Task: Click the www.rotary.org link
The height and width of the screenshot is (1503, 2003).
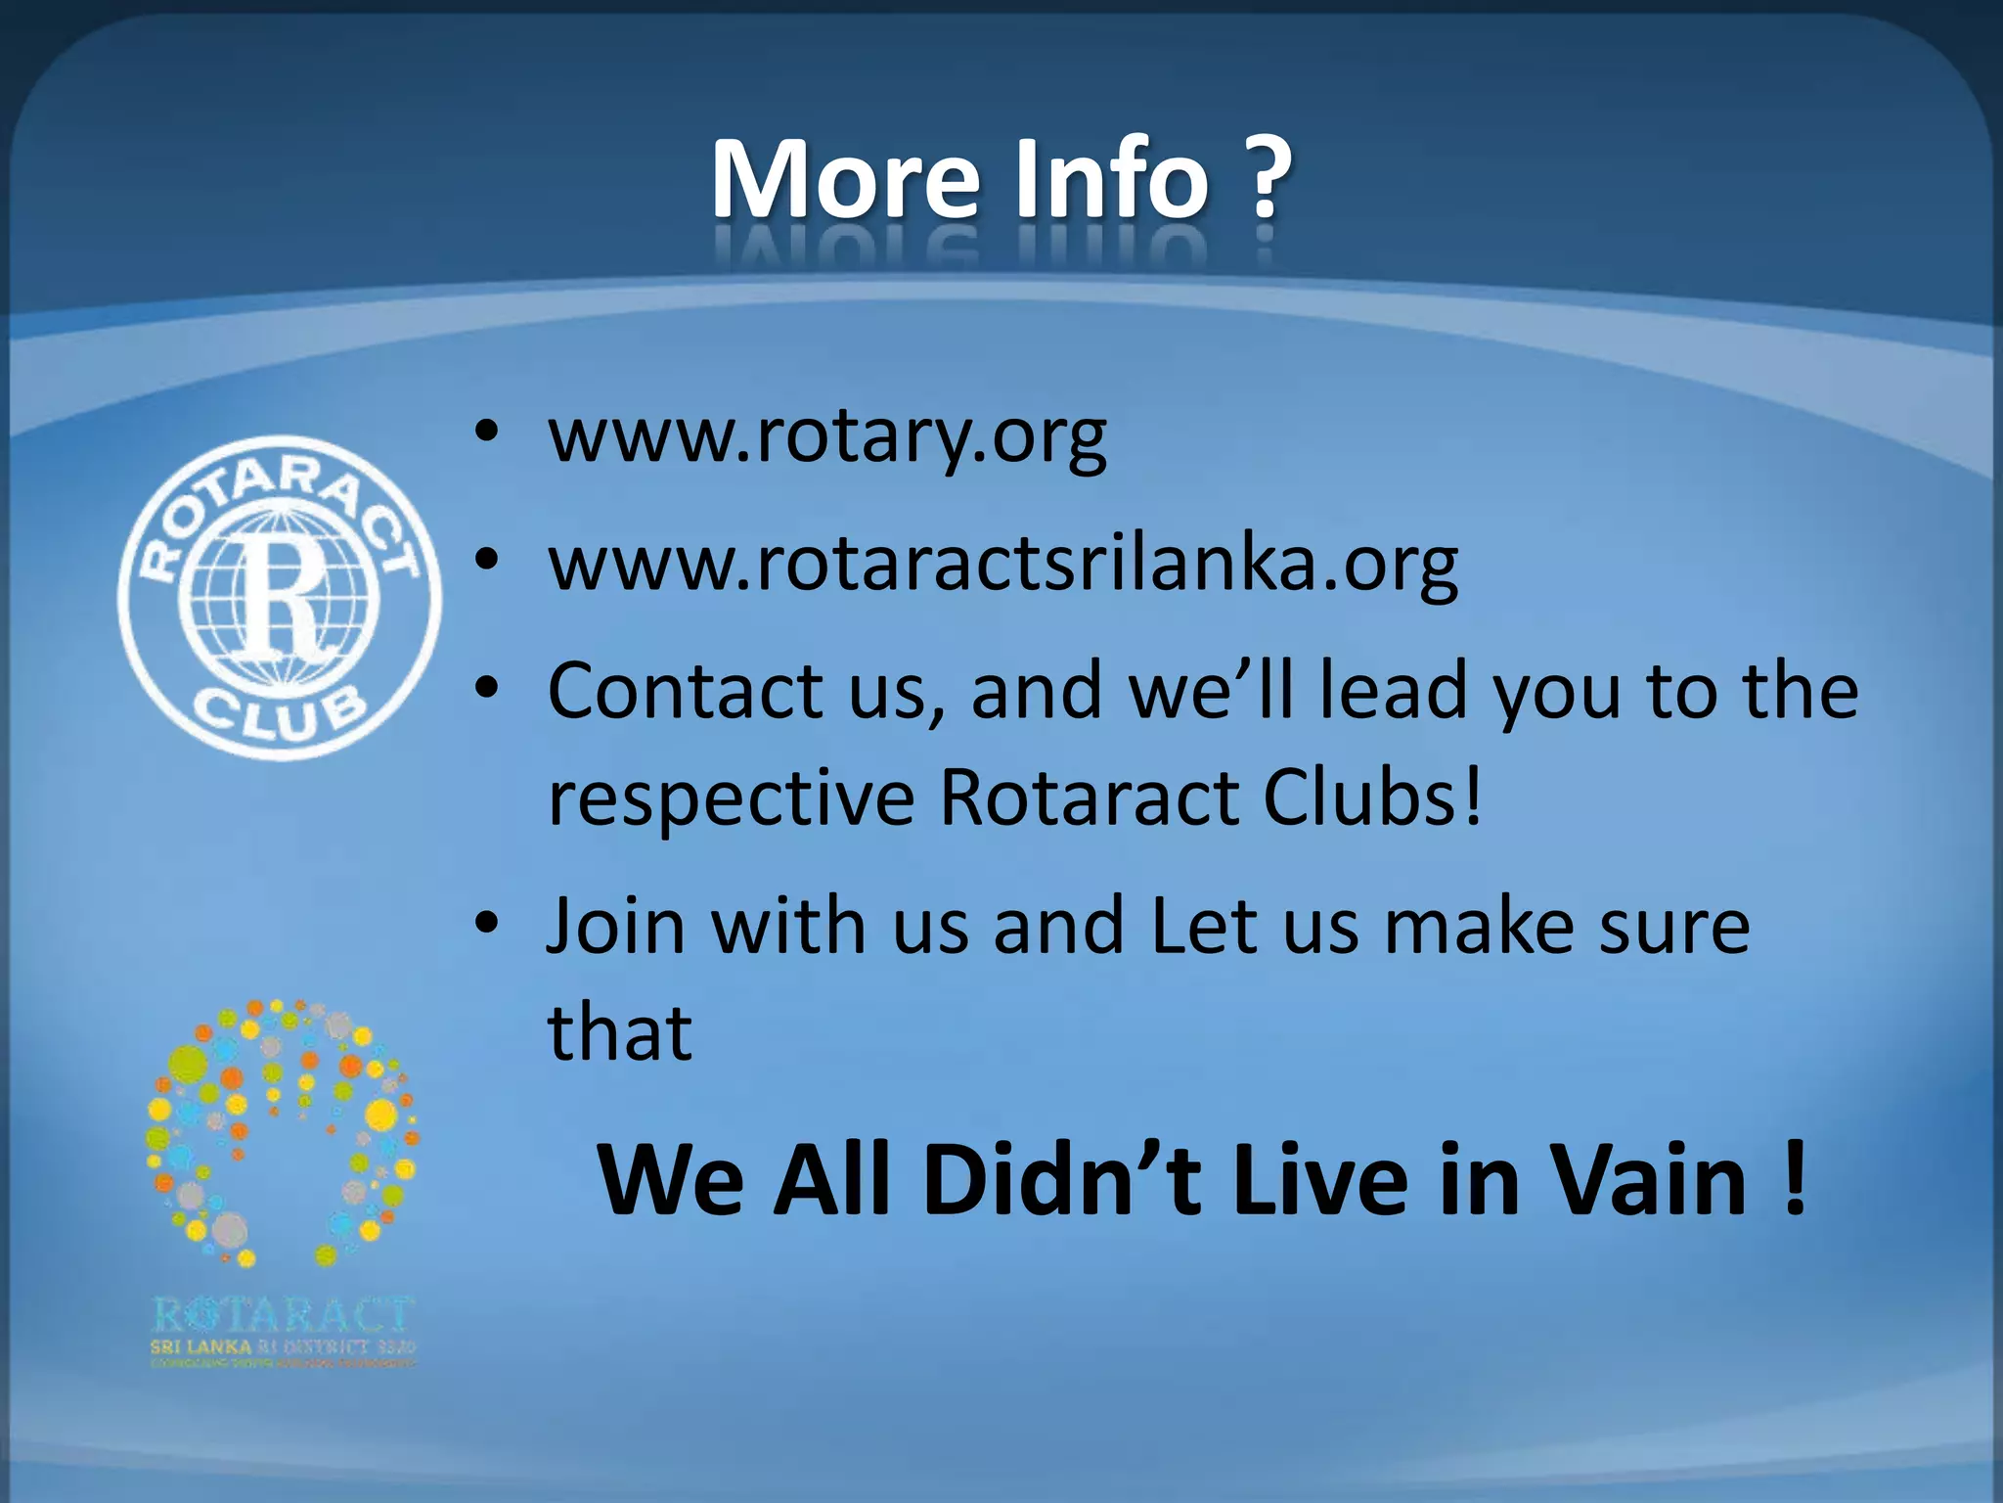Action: tap(827, 437)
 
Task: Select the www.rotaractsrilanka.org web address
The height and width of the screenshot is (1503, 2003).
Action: tap(1003, 565)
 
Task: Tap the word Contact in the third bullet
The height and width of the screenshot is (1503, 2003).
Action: tap(685, 691)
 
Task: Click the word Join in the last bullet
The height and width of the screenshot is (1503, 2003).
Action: tap(616, 926)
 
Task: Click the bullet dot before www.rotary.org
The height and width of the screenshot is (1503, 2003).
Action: tap(487, 433)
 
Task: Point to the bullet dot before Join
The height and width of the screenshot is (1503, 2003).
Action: tap(487, 923)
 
